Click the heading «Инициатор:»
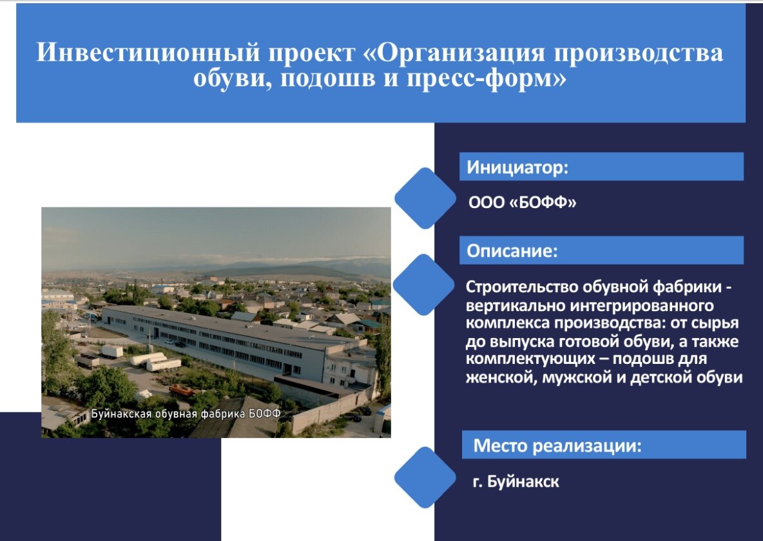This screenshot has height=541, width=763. click(x=517, y=167)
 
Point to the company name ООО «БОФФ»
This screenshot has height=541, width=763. click(x=522, y=202)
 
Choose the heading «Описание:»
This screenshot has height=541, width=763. click(x=512, y=251)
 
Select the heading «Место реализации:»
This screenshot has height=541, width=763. click(x=557, y=446)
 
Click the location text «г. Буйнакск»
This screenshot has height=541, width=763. click(x=516, y=482)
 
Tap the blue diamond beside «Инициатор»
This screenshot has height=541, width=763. click(x=425, y=198)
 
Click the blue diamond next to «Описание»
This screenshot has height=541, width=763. click(x=424, y=285)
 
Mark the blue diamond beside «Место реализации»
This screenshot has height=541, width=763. click(x=425, y=478)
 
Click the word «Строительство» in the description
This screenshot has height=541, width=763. click(x=521, y=287)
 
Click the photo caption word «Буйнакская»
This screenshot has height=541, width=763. click(x=121, y=414)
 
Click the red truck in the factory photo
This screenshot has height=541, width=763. click(x=182, y=390)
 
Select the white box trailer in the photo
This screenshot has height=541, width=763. click(x=112, y=351)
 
